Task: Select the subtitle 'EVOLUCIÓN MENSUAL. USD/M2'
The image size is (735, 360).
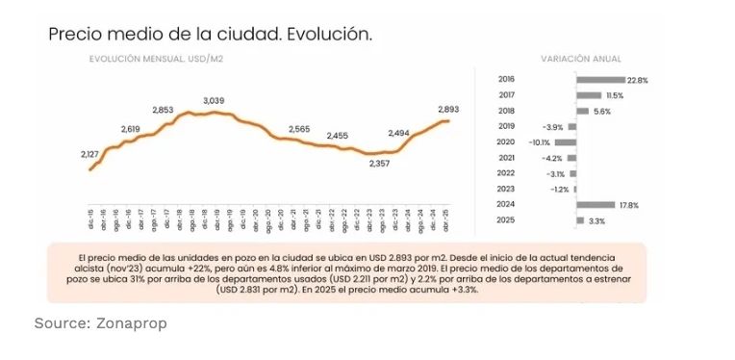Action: click(x=157, y=60)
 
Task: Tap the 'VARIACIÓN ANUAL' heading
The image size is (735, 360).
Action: click(x=580, y=60)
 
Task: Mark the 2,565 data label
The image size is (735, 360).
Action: click(x=298, y=129)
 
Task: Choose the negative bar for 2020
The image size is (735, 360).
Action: click(x=567, y=141)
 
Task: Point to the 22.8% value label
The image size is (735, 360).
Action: click(x=637, y=79)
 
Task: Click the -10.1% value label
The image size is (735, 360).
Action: click(x=538, y=141)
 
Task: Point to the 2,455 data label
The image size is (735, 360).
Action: click(x=337, y=137)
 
